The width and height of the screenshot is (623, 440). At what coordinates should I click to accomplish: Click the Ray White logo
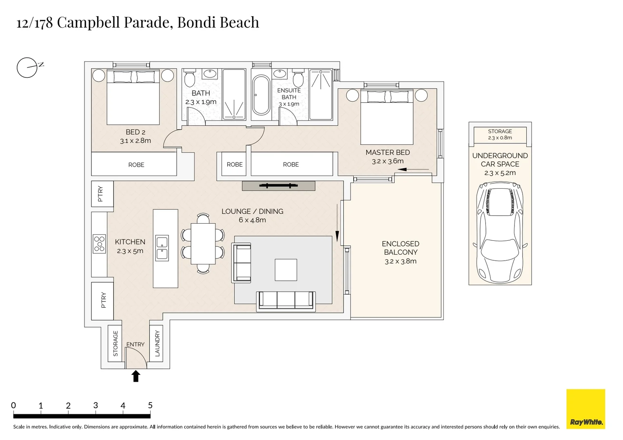(x=585, y=409)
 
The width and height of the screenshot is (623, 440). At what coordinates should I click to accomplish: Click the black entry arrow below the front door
(x=136, y=376)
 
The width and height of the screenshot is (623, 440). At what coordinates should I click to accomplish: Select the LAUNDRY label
(x=157, y=343)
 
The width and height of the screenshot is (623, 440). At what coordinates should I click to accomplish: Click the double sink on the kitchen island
(x=162, y=248)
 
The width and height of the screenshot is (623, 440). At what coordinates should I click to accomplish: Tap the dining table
(x=203, y=244)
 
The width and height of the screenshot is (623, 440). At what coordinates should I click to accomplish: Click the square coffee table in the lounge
(x=286, y=270)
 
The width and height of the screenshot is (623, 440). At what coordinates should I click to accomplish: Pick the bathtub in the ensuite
(x=261, y=95)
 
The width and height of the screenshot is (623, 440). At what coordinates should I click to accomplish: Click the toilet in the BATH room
(x=190, y=79)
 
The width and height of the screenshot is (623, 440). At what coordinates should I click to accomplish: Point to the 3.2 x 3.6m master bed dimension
(x=388, y=161)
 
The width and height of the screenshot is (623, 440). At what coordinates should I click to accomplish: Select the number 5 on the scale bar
(x=150, y=405)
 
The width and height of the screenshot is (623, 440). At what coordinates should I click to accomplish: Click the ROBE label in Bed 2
(x=136, y=165)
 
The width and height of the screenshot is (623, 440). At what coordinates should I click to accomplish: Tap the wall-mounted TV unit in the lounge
(x=278, y=186)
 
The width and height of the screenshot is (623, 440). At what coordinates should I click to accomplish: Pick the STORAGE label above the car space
(x=500, y=131)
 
